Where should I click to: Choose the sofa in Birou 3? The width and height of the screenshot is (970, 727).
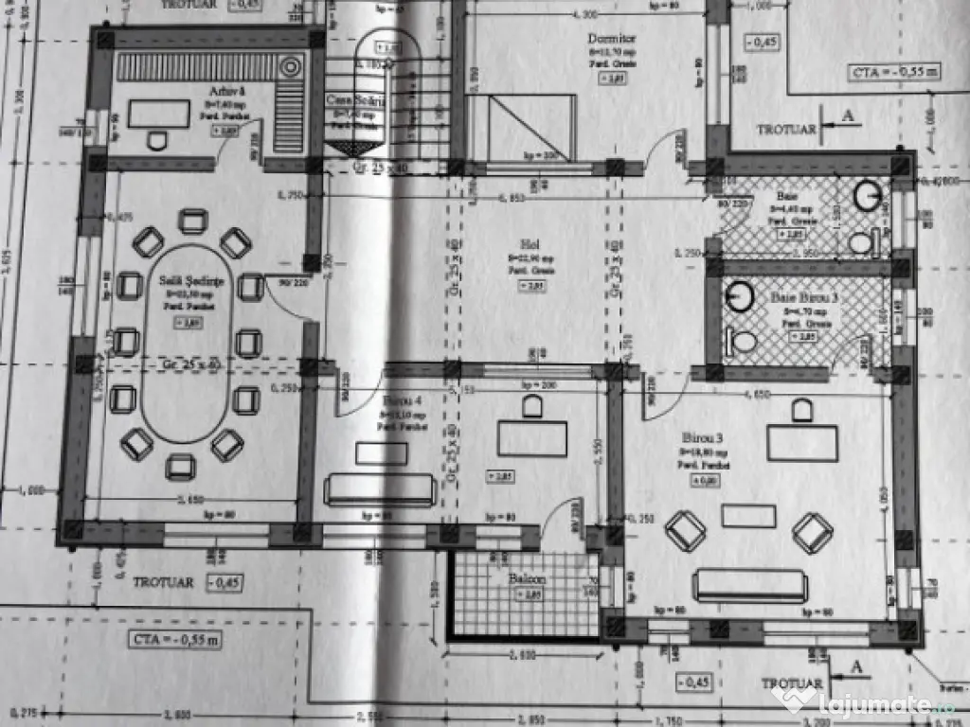pos(749,585)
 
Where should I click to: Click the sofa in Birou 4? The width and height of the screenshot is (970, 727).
pos(380,489)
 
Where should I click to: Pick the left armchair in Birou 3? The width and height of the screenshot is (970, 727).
pos(685,531)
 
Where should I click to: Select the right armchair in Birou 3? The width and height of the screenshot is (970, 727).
pos(812,532)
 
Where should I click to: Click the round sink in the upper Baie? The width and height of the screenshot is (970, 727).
pos(868,195)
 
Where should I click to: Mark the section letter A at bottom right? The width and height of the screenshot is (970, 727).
pos(857,666)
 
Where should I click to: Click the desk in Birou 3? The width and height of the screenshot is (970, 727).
pos(802,442)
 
